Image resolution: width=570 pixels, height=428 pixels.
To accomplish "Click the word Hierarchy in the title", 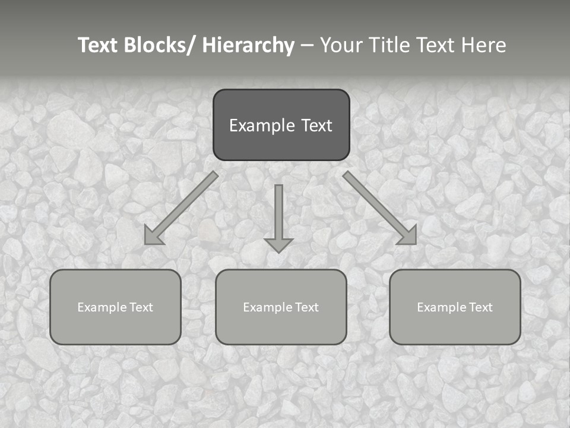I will click(248, 45).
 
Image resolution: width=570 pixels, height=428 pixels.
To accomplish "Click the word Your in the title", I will click(341, 45).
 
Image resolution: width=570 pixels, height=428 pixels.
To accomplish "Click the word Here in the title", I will click(483, 45).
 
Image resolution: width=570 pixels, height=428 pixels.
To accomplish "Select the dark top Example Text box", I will click(281, 125).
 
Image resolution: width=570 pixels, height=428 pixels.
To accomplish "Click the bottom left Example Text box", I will click(115, 307).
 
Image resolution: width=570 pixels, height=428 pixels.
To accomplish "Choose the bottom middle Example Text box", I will click(281, 307).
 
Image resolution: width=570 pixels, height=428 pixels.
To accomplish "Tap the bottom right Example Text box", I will click(455, 307).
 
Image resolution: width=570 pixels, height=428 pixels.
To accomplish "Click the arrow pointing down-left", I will click(181, 208).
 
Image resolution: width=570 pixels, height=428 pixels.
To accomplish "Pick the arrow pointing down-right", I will click(380, 208).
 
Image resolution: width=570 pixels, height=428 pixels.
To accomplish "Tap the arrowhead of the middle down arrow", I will click(278, 244).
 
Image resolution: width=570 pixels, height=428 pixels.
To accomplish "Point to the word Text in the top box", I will click(315, 125).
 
